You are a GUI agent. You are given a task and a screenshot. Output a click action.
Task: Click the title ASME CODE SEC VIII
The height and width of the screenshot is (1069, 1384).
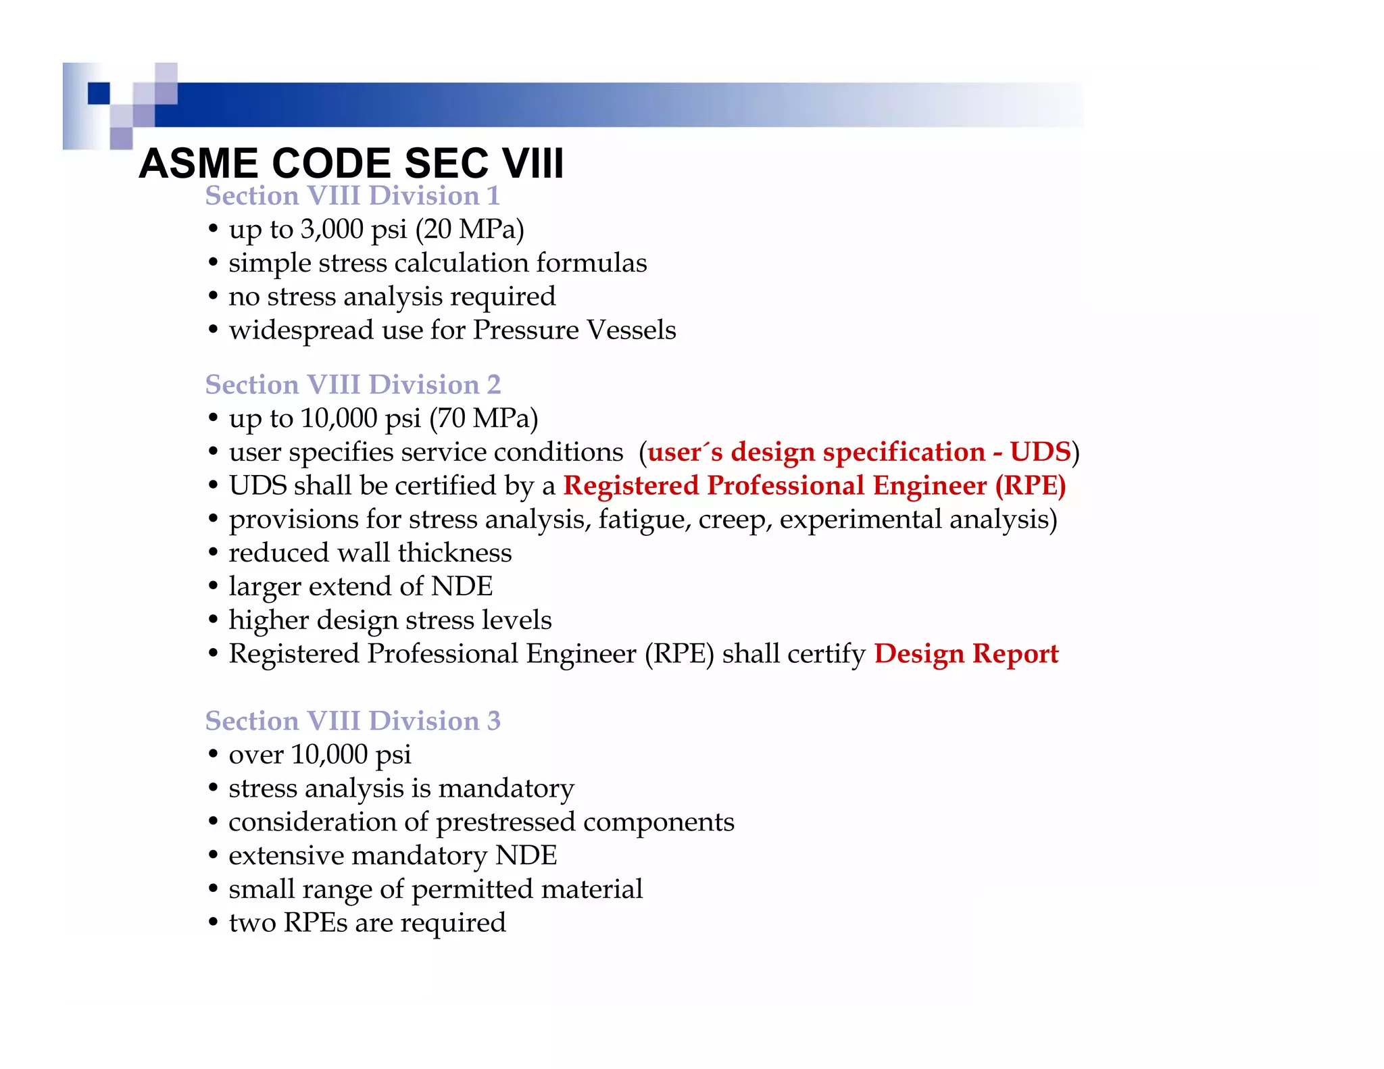[351, 164]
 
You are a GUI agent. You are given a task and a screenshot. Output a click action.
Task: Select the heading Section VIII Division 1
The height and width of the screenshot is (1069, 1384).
[352, 196]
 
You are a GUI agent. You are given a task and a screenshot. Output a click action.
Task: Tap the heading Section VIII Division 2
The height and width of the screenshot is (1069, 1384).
[353, 384]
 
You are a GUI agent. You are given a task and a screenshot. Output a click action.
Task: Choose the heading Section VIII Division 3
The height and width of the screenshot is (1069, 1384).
[353, 721]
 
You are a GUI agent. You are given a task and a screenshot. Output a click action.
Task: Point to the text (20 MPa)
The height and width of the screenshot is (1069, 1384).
[470, 230]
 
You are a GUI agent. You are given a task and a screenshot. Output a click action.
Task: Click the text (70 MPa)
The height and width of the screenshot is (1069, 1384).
[484, 419]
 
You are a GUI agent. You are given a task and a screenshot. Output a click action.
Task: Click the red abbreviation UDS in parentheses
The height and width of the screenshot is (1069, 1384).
[1040, 452]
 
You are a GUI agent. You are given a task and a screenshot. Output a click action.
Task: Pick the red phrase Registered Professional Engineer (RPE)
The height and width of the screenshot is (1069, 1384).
[814, 486]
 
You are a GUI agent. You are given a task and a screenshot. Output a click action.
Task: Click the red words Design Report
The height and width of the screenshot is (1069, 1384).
[966, 654]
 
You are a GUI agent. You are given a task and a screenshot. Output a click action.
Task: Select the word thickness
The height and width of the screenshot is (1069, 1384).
[455, 553]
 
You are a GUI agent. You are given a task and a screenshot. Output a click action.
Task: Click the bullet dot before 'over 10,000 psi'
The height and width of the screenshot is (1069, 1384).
[213, 755]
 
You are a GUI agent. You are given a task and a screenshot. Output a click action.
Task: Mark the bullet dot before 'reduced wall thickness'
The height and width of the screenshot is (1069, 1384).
[213, 553]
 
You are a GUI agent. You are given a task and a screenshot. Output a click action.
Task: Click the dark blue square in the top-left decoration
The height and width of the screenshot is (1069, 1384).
[99, 93]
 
